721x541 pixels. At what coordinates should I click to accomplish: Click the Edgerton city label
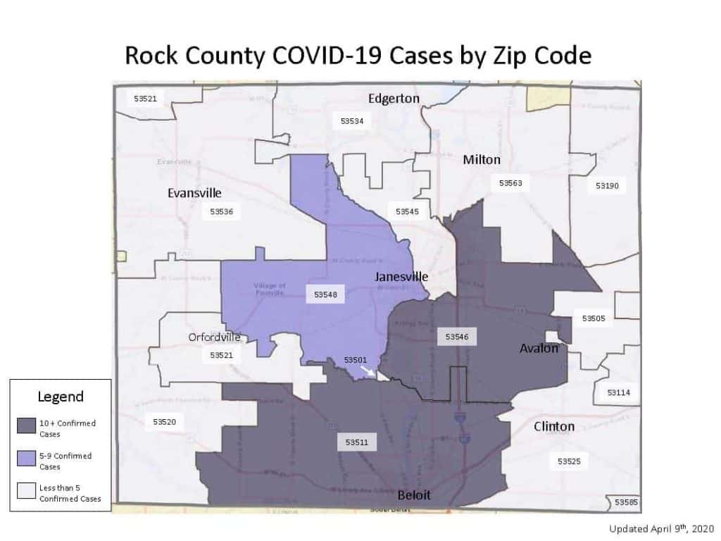pyautogui.click(x=394, y=99)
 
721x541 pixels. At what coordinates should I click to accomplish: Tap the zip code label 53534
pyautogui.click(x=351, y=121)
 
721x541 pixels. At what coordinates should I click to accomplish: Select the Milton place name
pyautogui.click(x=482, y=160)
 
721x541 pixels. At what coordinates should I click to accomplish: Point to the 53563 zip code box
pyautogui.click(x=510, y=183)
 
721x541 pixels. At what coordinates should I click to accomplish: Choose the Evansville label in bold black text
pyautogui.click(x=194, y=193)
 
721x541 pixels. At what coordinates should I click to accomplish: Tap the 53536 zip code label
pyautogui.click(x=221, y=211)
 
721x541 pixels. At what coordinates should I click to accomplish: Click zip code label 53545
pyautogui.click(x=407, y=211)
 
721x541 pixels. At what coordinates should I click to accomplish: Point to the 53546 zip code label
pyautogui.click(x=457, y=337)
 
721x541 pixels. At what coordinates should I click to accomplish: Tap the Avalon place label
pyautogui.click(x=539, y=348)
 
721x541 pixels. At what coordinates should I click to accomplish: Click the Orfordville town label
pyautogui.click(x=214, y=337)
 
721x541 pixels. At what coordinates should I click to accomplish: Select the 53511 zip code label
pyautogui.click(x=356, y=443)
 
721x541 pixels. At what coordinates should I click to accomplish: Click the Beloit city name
pyautogui.click(x=414, y=495)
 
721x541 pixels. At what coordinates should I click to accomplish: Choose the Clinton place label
pyautogui.click(x=554, y=426)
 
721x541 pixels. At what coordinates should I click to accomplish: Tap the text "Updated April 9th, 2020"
pyautogui.click(x=662, y=528)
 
